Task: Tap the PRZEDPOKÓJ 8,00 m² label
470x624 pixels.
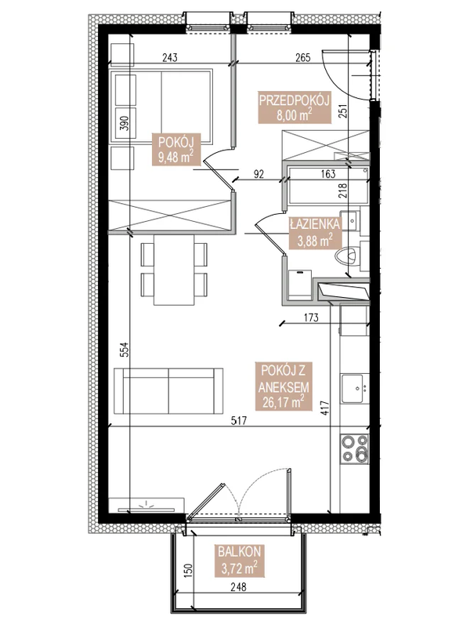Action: [292, 106]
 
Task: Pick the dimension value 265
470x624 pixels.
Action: [305, 56]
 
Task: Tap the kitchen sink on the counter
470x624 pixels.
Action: [355, 386]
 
